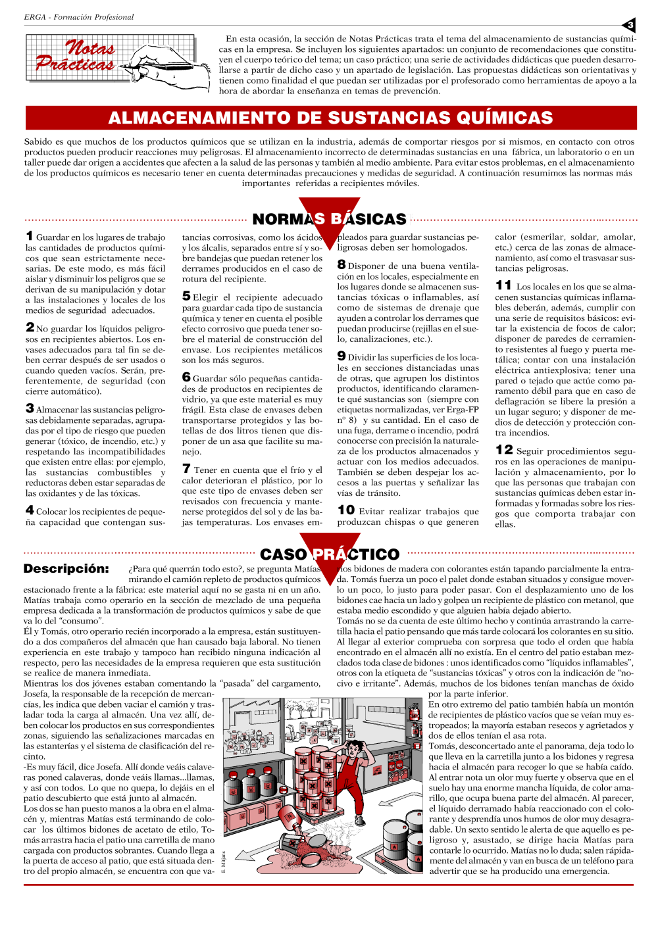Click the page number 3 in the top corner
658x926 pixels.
point(630,26)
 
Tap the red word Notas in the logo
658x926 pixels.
point(90,48)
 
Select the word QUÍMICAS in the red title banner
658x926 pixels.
point(496,118)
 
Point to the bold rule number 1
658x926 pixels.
point(30,235)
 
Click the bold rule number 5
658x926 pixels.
point(186,296)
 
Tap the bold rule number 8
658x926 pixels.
point(342,264)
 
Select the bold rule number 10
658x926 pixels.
point(346,510)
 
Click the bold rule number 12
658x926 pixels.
point(504,450)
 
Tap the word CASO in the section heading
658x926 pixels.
point(284,555)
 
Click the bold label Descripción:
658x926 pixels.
point(66,569)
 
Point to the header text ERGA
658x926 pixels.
point(35,17)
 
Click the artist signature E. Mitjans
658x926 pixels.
point(224,862)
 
